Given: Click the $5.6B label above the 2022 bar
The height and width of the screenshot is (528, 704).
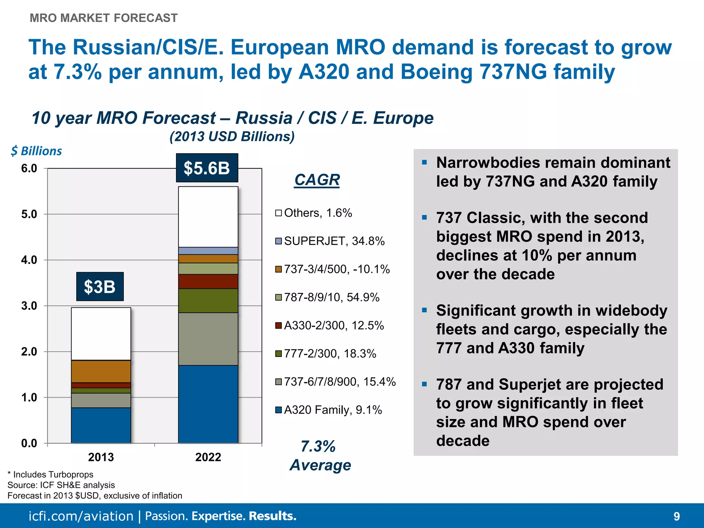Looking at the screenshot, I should click(x=207, y=168).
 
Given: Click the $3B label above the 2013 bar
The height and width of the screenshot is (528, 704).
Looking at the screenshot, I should click(x=100, y=287).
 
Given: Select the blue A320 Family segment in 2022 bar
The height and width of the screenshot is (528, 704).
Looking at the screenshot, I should click(x=208, y=404).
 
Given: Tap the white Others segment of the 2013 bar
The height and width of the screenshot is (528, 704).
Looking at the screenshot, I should click(x=101, y=333).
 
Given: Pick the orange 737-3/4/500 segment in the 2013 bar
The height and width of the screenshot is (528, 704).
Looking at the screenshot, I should click(x=101, y=371).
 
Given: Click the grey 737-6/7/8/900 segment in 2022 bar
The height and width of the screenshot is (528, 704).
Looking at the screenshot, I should click(x=208, y=339).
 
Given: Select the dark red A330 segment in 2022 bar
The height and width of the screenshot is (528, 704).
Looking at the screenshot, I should click(x=208, y=281).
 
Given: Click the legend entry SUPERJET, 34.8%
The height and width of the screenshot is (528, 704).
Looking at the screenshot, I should click(x=330, y=241).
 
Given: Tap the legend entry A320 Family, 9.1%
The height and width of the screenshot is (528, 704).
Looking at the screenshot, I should click(x=329, y=410).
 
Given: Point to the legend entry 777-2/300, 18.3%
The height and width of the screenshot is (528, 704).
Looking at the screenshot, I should click(x=326, y=353).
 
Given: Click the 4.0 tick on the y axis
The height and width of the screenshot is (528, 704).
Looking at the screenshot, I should click(x=29, y=260).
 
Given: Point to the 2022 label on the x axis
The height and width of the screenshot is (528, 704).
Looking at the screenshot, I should click(x=208, y=457).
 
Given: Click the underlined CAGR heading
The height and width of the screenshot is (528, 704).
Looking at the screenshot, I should click(x=317, y=180).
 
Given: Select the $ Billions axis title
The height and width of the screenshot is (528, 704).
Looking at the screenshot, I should click(x=36, y=151).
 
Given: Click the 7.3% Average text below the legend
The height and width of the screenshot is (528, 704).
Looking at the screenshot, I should click(x=320, y=456).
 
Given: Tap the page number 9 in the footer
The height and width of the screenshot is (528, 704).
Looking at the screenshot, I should click(x=676, y=516).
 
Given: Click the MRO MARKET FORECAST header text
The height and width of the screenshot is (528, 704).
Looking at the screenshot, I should click(x=103, y=18).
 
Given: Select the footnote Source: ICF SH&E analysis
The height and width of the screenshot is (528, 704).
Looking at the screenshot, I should click(x=61, y=485).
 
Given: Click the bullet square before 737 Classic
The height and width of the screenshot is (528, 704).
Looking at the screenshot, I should click(x=425, y=217).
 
